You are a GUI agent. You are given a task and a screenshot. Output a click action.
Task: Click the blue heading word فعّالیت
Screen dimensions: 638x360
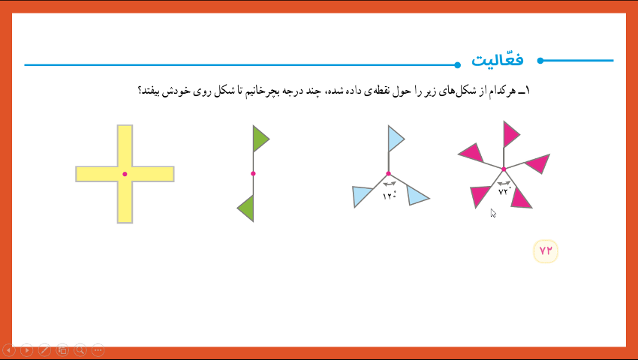497,60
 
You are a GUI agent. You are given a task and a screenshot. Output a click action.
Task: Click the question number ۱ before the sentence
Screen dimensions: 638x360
528,91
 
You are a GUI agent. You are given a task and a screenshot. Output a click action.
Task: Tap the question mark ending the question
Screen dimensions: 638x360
140,90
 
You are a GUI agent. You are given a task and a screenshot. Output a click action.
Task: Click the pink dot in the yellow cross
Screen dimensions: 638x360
125,174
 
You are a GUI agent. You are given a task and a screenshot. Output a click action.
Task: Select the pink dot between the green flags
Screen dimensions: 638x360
253,174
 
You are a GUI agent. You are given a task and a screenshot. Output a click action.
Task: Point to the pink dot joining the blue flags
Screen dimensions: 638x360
389,174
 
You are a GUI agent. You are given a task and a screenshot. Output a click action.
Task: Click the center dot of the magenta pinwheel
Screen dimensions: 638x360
504,169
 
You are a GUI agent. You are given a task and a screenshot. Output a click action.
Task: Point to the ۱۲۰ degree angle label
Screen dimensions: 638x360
390,196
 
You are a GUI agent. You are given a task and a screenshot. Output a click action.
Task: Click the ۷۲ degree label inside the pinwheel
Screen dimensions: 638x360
504,191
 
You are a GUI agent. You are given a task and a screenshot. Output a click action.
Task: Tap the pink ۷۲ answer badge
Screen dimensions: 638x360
546,251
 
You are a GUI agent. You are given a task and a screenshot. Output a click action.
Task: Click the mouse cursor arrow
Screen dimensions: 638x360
492,213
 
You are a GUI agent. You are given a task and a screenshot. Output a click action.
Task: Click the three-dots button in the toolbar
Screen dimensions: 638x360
98,350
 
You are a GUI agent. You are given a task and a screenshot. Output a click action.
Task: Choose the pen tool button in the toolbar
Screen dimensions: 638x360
44,350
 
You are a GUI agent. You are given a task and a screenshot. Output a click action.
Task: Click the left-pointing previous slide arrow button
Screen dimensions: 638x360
9,350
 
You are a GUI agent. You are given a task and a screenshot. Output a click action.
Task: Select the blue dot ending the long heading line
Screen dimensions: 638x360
457,64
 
